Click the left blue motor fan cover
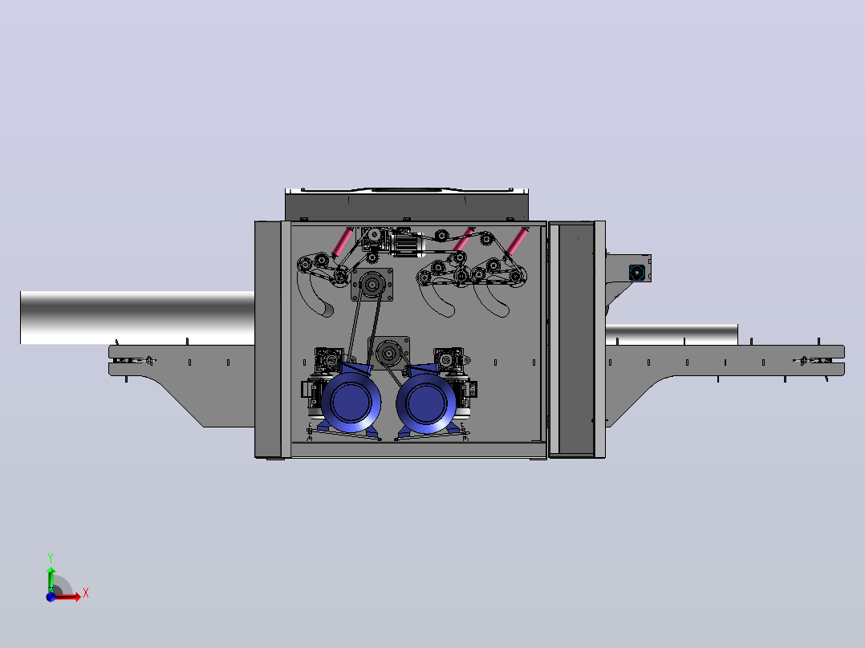(x=351, y=402)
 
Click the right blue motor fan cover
(x=425, y=403)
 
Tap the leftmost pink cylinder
(x=343, y=241)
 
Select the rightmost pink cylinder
(x=517, y=241)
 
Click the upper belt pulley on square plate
(x=372, y=285)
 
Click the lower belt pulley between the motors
(x=389, y=353)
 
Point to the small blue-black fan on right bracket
(x=636, y=273)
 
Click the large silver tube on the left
(x=137, y=318)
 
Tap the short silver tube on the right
(x=672, y=334)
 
